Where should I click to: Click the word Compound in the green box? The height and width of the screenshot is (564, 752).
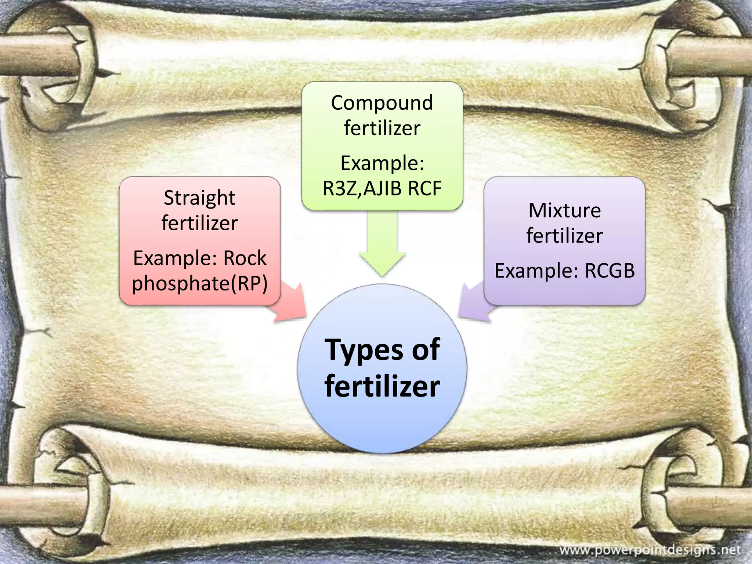click(x=382, y=103)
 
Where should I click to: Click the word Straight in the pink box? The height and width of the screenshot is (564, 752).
click(x=199, y=198)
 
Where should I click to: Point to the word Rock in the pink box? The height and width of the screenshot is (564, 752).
click(x=245, y=258)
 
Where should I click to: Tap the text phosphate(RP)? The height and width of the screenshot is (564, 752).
click(x=200, y=283)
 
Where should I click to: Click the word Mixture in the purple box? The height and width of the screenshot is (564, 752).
click(x=564, y=211)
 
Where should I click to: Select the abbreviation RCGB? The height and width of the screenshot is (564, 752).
click(x=610, y=271)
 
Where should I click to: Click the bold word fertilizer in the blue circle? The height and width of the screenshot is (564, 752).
click(x=382, y=386)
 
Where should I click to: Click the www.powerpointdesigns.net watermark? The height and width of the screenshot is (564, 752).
click(x=650, y=550)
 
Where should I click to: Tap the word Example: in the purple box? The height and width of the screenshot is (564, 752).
click(x=536, y=271)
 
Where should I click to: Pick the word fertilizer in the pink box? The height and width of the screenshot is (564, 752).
click(x=199, y=223)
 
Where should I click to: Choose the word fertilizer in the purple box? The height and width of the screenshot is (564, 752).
click(x=564, y=236)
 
